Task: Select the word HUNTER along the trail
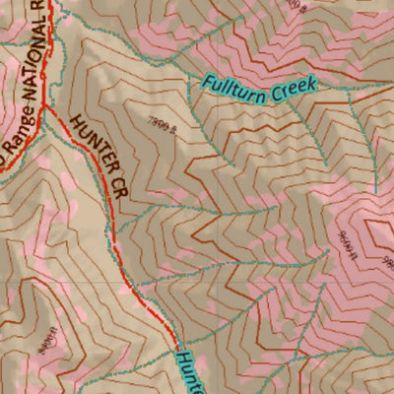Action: [x=89, y=144]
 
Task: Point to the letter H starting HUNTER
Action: [x=75, y=122]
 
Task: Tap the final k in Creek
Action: [x=312, y=86]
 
